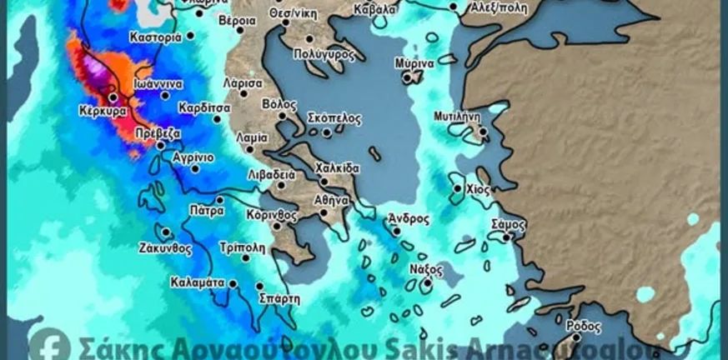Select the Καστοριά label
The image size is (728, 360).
coord(156,37)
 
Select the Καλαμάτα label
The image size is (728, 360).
coord(197,282)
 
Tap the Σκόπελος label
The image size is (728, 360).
coord(334,118)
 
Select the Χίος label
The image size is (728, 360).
coord(476,188)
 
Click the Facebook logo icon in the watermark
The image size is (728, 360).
coord(49,344)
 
